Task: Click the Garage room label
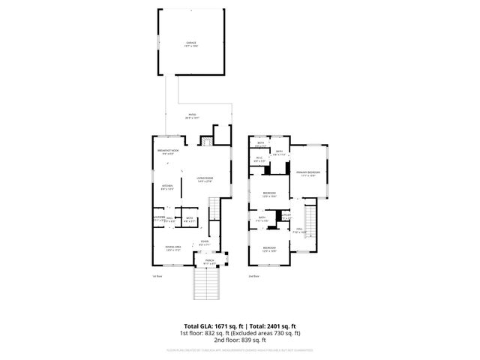coord(191,43)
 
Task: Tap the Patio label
coord(192,116)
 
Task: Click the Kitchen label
coord(167,187)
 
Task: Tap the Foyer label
coord(204,242)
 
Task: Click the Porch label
coord(209,262)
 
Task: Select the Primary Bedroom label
coord(307,173)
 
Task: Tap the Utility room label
coord(286,217)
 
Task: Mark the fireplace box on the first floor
coord(203,140)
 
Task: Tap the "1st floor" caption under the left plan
coord(157,277)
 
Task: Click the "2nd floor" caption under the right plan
coord(255,277)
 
